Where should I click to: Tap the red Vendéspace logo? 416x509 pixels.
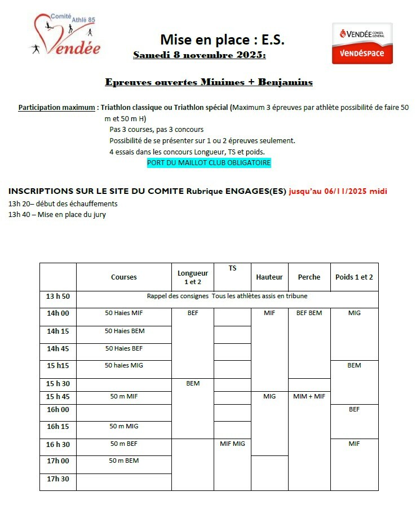362,43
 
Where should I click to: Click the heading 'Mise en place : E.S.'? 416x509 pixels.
223,39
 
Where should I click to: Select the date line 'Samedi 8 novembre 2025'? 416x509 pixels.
200,55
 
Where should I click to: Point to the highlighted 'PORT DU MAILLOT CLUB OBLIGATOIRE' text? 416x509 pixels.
209,163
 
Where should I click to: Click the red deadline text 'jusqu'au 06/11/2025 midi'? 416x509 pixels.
338,191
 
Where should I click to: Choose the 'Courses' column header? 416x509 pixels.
123,277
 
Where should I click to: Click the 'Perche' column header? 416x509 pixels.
309,277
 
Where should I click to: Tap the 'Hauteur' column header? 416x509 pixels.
269,277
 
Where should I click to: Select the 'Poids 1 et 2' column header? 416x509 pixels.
354,277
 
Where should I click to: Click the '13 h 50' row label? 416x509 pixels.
58,296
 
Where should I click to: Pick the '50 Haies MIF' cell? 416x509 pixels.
124,313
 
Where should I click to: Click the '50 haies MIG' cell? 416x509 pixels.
124,365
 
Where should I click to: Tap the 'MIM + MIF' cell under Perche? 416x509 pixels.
309,396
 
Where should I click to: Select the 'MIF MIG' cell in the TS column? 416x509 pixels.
232,444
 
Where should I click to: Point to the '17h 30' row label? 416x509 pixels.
58,479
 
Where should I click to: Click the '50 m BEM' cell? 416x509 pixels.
124,461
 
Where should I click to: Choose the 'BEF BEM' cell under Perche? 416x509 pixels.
309,313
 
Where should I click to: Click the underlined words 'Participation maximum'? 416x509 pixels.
56,107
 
